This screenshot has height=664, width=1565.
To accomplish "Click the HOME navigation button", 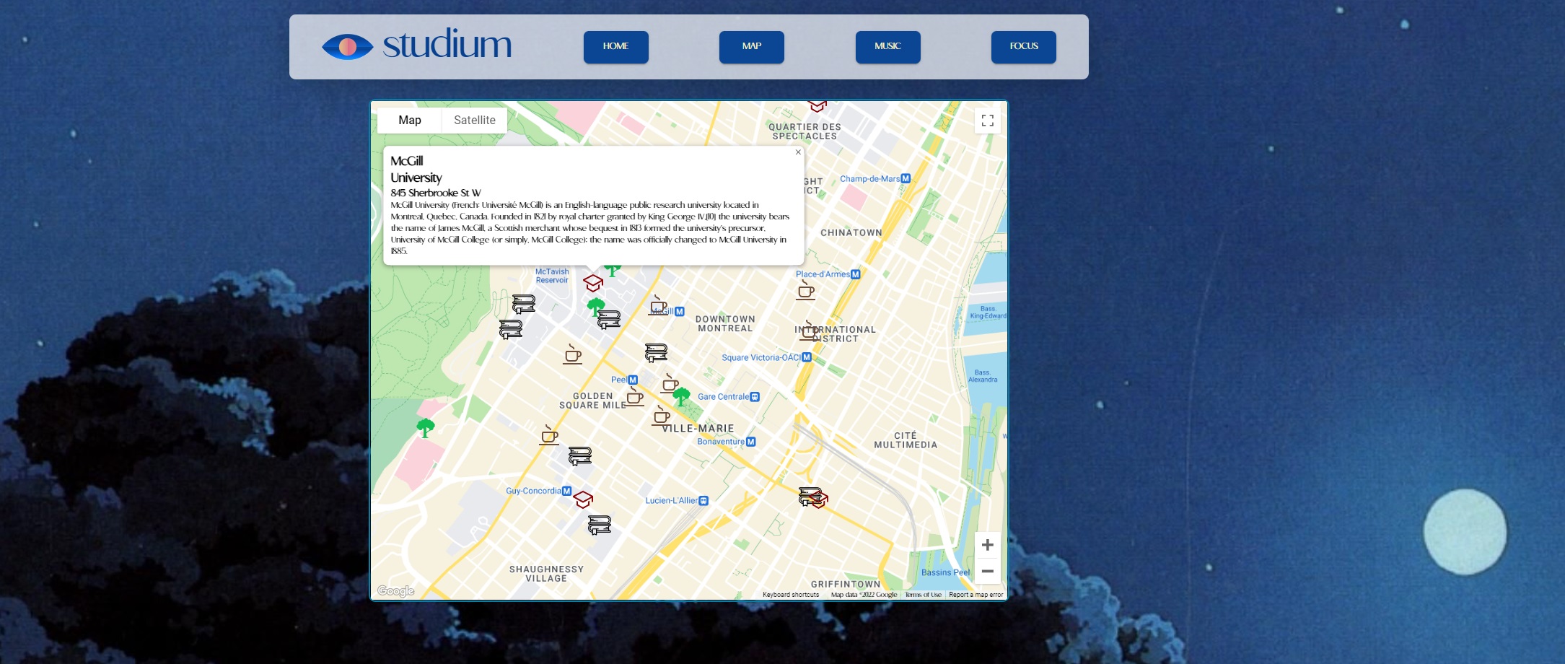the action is (615, 47).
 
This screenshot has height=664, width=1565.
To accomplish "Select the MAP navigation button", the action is (751, 47).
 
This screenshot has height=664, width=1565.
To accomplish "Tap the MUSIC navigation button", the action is (887, 47).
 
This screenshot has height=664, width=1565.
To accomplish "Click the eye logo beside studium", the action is (347, 47).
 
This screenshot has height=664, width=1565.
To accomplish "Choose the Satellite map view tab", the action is (474, 121).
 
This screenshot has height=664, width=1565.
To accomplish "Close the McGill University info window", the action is (798, 152).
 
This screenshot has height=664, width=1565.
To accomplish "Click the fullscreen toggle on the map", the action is (987, 121).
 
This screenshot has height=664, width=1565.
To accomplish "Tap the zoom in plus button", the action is (987, 545).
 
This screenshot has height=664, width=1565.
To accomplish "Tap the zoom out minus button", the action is (987, 571).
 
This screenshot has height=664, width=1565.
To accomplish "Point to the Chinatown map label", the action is (851, 233).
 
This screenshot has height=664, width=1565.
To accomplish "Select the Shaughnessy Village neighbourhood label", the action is (546, 574).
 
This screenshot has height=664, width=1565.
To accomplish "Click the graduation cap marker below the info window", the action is (593, 283).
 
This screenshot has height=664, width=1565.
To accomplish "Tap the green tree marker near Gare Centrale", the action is (680, 396).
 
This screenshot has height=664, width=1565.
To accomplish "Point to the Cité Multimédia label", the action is (906, 440).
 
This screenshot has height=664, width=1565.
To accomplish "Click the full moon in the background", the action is (1464, 532).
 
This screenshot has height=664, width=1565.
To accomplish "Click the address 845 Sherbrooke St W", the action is (436, 193).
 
